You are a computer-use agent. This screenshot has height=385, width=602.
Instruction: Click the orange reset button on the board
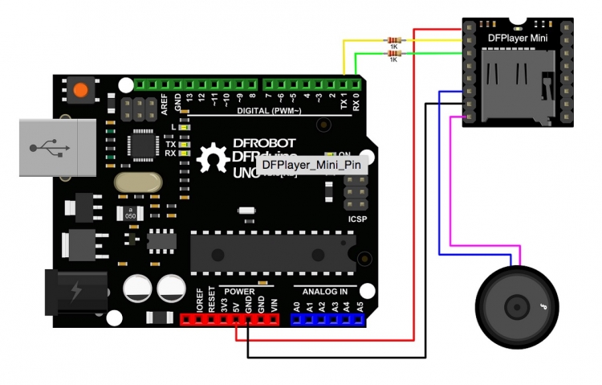pos(80,90)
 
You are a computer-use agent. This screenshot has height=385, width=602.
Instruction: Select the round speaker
pos(516,305)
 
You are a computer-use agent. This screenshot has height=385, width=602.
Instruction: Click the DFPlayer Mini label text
pos(518,37)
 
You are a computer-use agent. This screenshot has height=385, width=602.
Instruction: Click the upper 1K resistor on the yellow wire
pos(393,39)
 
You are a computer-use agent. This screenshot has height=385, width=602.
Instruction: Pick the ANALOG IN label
pos(320,291)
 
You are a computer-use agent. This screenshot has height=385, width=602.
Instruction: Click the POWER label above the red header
pos(238,291)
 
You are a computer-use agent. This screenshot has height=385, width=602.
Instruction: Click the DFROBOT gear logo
pos(214,157)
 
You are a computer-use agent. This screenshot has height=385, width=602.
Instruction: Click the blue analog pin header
pos(327,320)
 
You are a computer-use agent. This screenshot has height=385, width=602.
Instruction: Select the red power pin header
pos(229,320)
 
